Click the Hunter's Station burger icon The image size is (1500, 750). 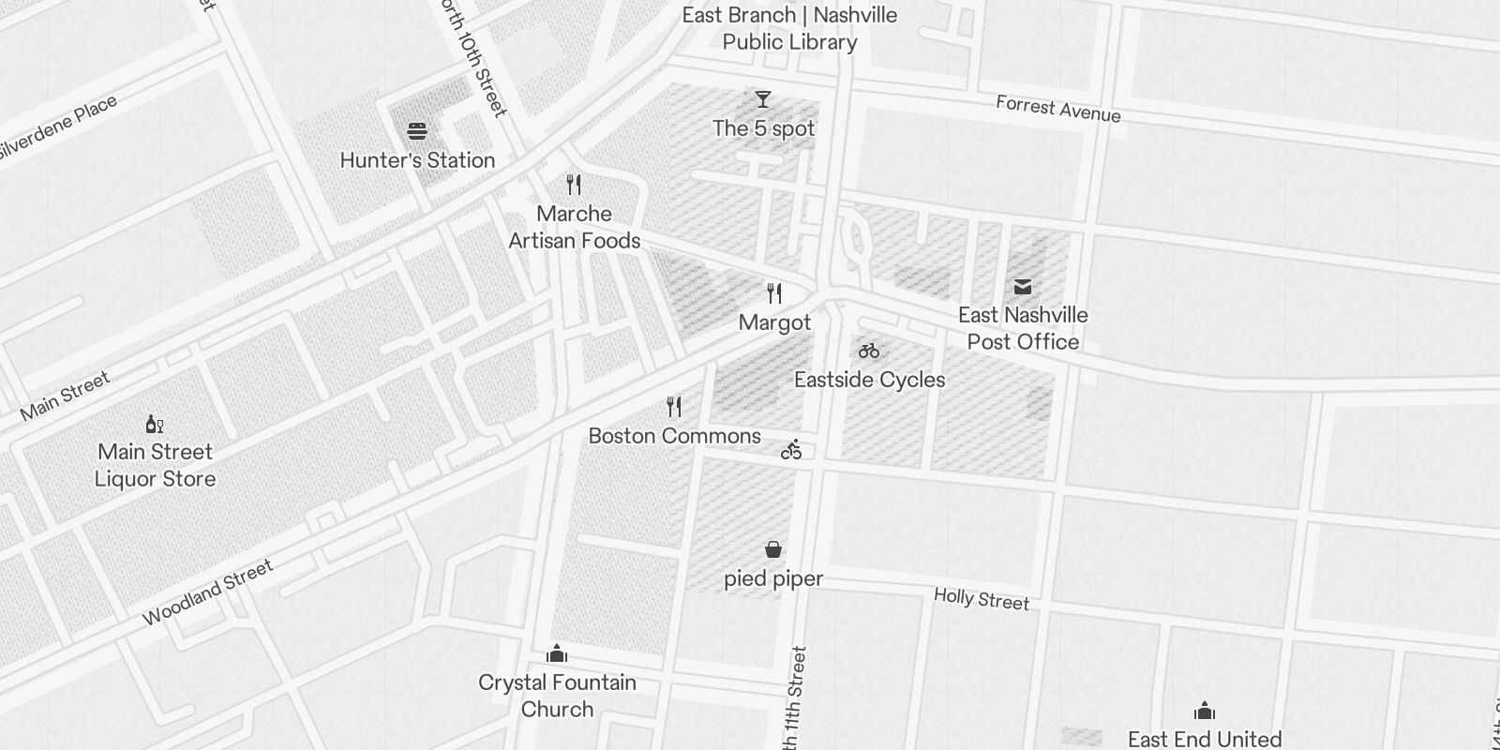417,130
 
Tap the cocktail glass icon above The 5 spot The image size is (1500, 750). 763,98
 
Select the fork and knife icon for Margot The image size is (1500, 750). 774,293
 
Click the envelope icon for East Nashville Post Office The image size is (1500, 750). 1023,286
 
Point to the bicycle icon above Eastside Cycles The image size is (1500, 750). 869,351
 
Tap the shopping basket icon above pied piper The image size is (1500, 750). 773,549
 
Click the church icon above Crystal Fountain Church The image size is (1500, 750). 558,653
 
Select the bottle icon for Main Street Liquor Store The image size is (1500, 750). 155,424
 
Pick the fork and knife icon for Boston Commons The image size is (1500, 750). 674,407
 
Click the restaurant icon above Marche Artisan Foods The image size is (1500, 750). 575,185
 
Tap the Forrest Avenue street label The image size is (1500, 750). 1057,109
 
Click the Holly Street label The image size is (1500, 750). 981,599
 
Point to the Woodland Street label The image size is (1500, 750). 207,592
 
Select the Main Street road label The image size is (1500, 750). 65,395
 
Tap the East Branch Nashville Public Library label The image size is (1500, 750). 789,28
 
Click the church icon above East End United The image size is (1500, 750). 1205,712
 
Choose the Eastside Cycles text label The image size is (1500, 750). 869,380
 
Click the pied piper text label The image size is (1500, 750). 773,578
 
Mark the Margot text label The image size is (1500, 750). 774,322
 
